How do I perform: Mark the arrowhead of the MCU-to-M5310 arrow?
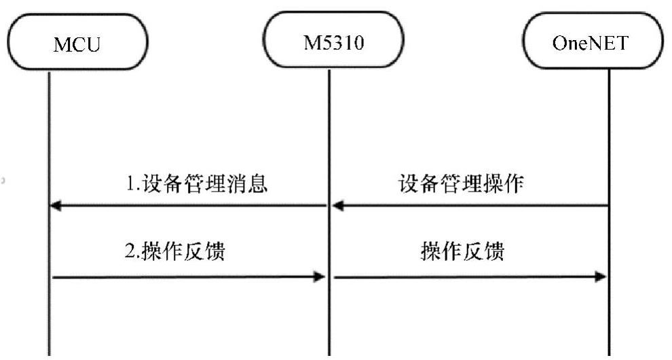318,276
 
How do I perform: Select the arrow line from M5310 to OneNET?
468,276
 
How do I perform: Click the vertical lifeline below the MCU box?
50,136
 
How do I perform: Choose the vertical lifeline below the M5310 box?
329,136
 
